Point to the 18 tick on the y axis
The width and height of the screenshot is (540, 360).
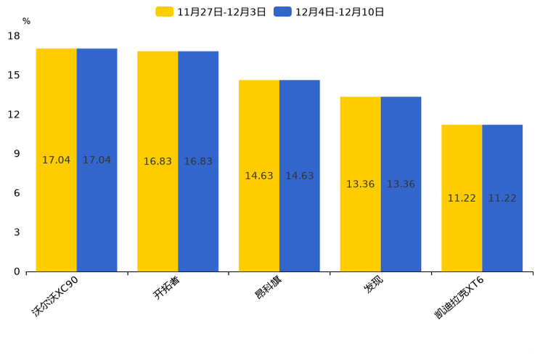click(x=14, y=36)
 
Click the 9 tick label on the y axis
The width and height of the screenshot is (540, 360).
click(x=17, y=154)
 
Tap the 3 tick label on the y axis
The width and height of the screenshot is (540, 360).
click(x=17, y=232)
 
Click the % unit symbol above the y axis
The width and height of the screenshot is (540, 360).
click(x=26, y=21)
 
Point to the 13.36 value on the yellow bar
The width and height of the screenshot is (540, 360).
click(x=360, y=184)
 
